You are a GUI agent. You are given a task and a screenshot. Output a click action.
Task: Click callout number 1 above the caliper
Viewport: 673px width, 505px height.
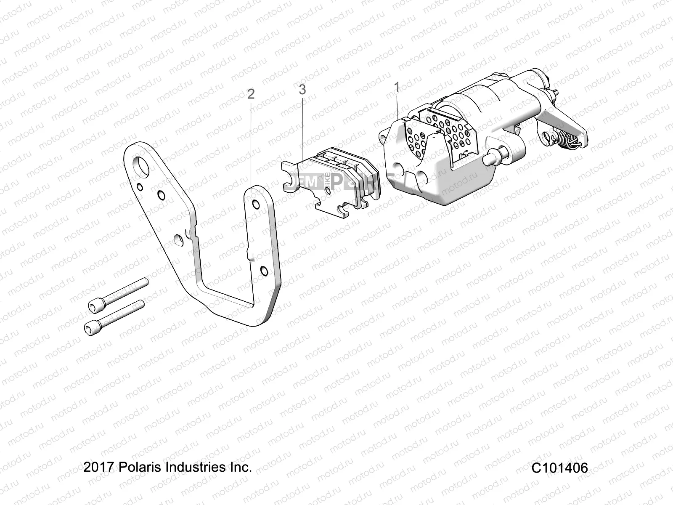tap(396, 88)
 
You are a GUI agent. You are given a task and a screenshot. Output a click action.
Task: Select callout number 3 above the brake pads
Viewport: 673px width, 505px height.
tap(302, 89)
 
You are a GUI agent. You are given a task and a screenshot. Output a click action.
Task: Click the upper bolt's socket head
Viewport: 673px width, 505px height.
tap(96, 306)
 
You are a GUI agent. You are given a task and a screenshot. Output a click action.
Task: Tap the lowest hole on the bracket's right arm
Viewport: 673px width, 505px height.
tap(264, 270)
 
